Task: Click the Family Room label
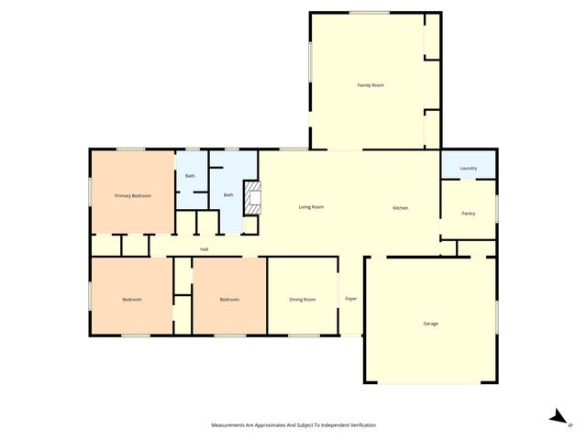[x=371, y=85]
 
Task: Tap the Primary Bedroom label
[x=132, y=196]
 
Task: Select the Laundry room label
[x=468, y=169]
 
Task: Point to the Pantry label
[x=468, y=213]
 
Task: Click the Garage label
[x=430, y=324]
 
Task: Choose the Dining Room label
[x=303, y=300]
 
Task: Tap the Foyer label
[x=350, y=300]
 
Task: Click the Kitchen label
[x=401, y=208]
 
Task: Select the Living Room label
[x=311, y=207]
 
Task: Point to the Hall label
[x=205, y=249]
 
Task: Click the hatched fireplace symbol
[x=252, y=198]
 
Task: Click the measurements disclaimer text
[x=293, y=425]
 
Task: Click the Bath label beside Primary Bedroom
[x=190, y=176]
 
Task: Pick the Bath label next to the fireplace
[x=228, y=194]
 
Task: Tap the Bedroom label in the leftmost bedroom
[x=132, y=300]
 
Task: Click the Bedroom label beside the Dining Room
[x=229, y=300]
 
